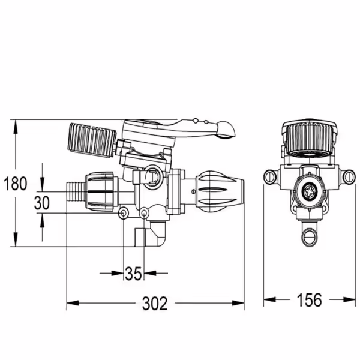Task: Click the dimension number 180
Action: [x=16, y=184]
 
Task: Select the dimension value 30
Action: [x=42, y=203]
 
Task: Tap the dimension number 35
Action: [x=133, y=274]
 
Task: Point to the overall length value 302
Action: [x=155, y=303]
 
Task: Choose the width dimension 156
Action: [x=309, y=299]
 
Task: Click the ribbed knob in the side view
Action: [x=92, y=140]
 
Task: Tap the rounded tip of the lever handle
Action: [x=227, y=130]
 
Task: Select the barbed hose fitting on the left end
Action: [x=76, y=192]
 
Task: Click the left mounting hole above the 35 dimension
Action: [x=123, y=214]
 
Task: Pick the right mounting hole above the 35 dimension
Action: [x=144, y=214]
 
